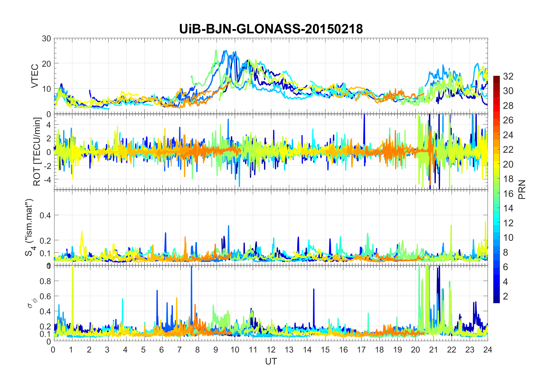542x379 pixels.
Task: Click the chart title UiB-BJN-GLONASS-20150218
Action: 271,29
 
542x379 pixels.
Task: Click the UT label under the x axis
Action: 271,361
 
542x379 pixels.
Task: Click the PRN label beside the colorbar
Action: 522,189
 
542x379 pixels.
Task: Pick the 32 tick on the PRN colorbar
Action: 508,76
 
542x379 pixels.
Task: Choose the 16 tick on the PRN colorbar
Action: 508,194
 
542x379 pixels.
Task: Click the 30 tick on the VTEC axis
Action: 46,38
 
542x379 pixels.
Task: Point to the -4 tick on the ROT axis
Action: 46,180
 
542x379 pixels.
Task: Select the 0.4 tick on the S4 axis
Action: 45,215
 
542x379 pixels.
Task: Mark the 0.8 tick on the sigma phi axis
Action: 45,281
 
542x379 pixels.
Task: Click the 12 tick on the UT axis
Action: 271,350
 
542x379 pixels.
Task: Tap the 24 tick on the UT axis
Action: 488,350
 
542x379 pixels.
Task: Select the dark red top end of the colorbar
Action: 496,78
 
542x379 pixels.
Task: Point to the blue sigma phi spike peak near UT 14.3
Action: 314,290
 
